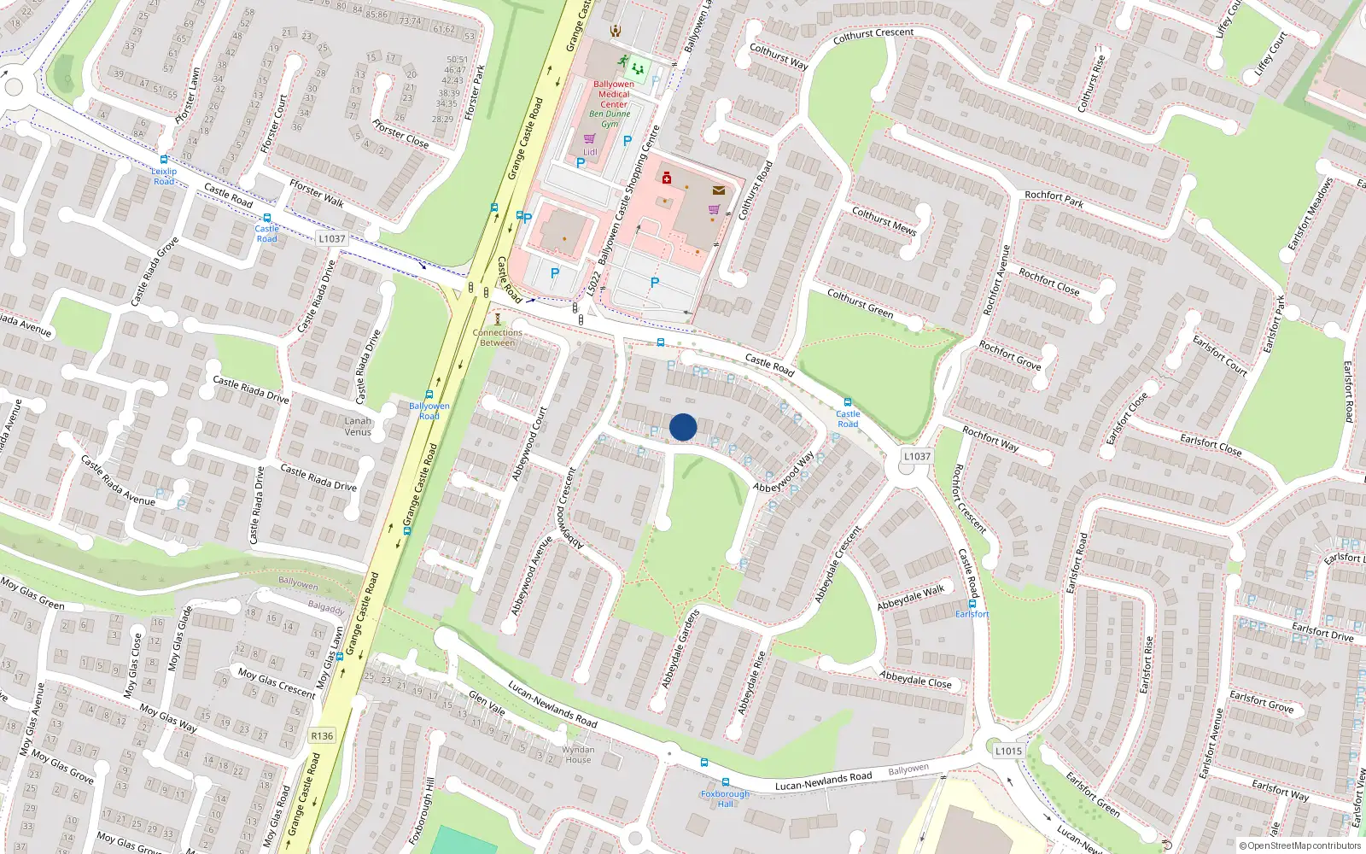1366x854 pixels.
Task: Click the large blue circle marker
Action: coord(683,427)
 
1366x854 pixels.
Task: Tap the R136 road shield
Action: coord(322,735)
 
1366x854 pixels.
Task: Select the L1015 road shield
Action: coord(1008,751)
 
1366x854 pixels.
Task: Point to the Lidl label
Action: coord(590,152)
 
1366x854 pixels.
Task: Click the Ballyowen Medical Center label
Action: coord(614,94)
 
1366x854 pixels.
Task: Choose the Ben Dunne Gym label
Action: coord(610,119)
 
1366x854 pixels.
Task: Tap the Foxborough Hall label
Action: coord(725,798)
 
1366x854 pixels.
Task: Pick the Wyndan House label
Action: coord(578,755)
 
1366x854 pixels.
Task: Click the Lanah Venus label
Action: coord(358,426)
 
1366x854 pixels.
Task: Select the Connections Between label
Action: coord(498,337)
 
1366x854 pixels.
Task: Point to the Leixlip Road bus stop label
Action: coord(164,176)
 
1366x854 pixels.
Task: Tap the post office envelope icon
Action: coord(719,190)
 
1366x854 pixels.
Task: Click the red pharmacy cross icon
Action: coord(667,178)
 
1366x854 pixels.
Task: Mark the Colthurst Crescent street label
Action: coord(873,35)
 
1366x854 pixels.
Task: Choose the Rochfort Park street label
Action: coord(1054,199)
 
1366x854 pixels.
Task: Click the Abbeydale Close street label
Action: coord(915,680)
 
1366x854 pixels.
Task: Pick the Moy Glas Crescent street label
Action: coord(277,683)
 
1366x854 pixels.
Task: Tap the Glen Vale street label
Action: coord(487,703)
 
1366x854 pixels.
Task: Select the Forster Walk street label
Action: coord(317,193)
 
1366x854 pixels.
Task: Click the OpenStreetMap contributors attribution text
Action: coord(1300,846)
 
